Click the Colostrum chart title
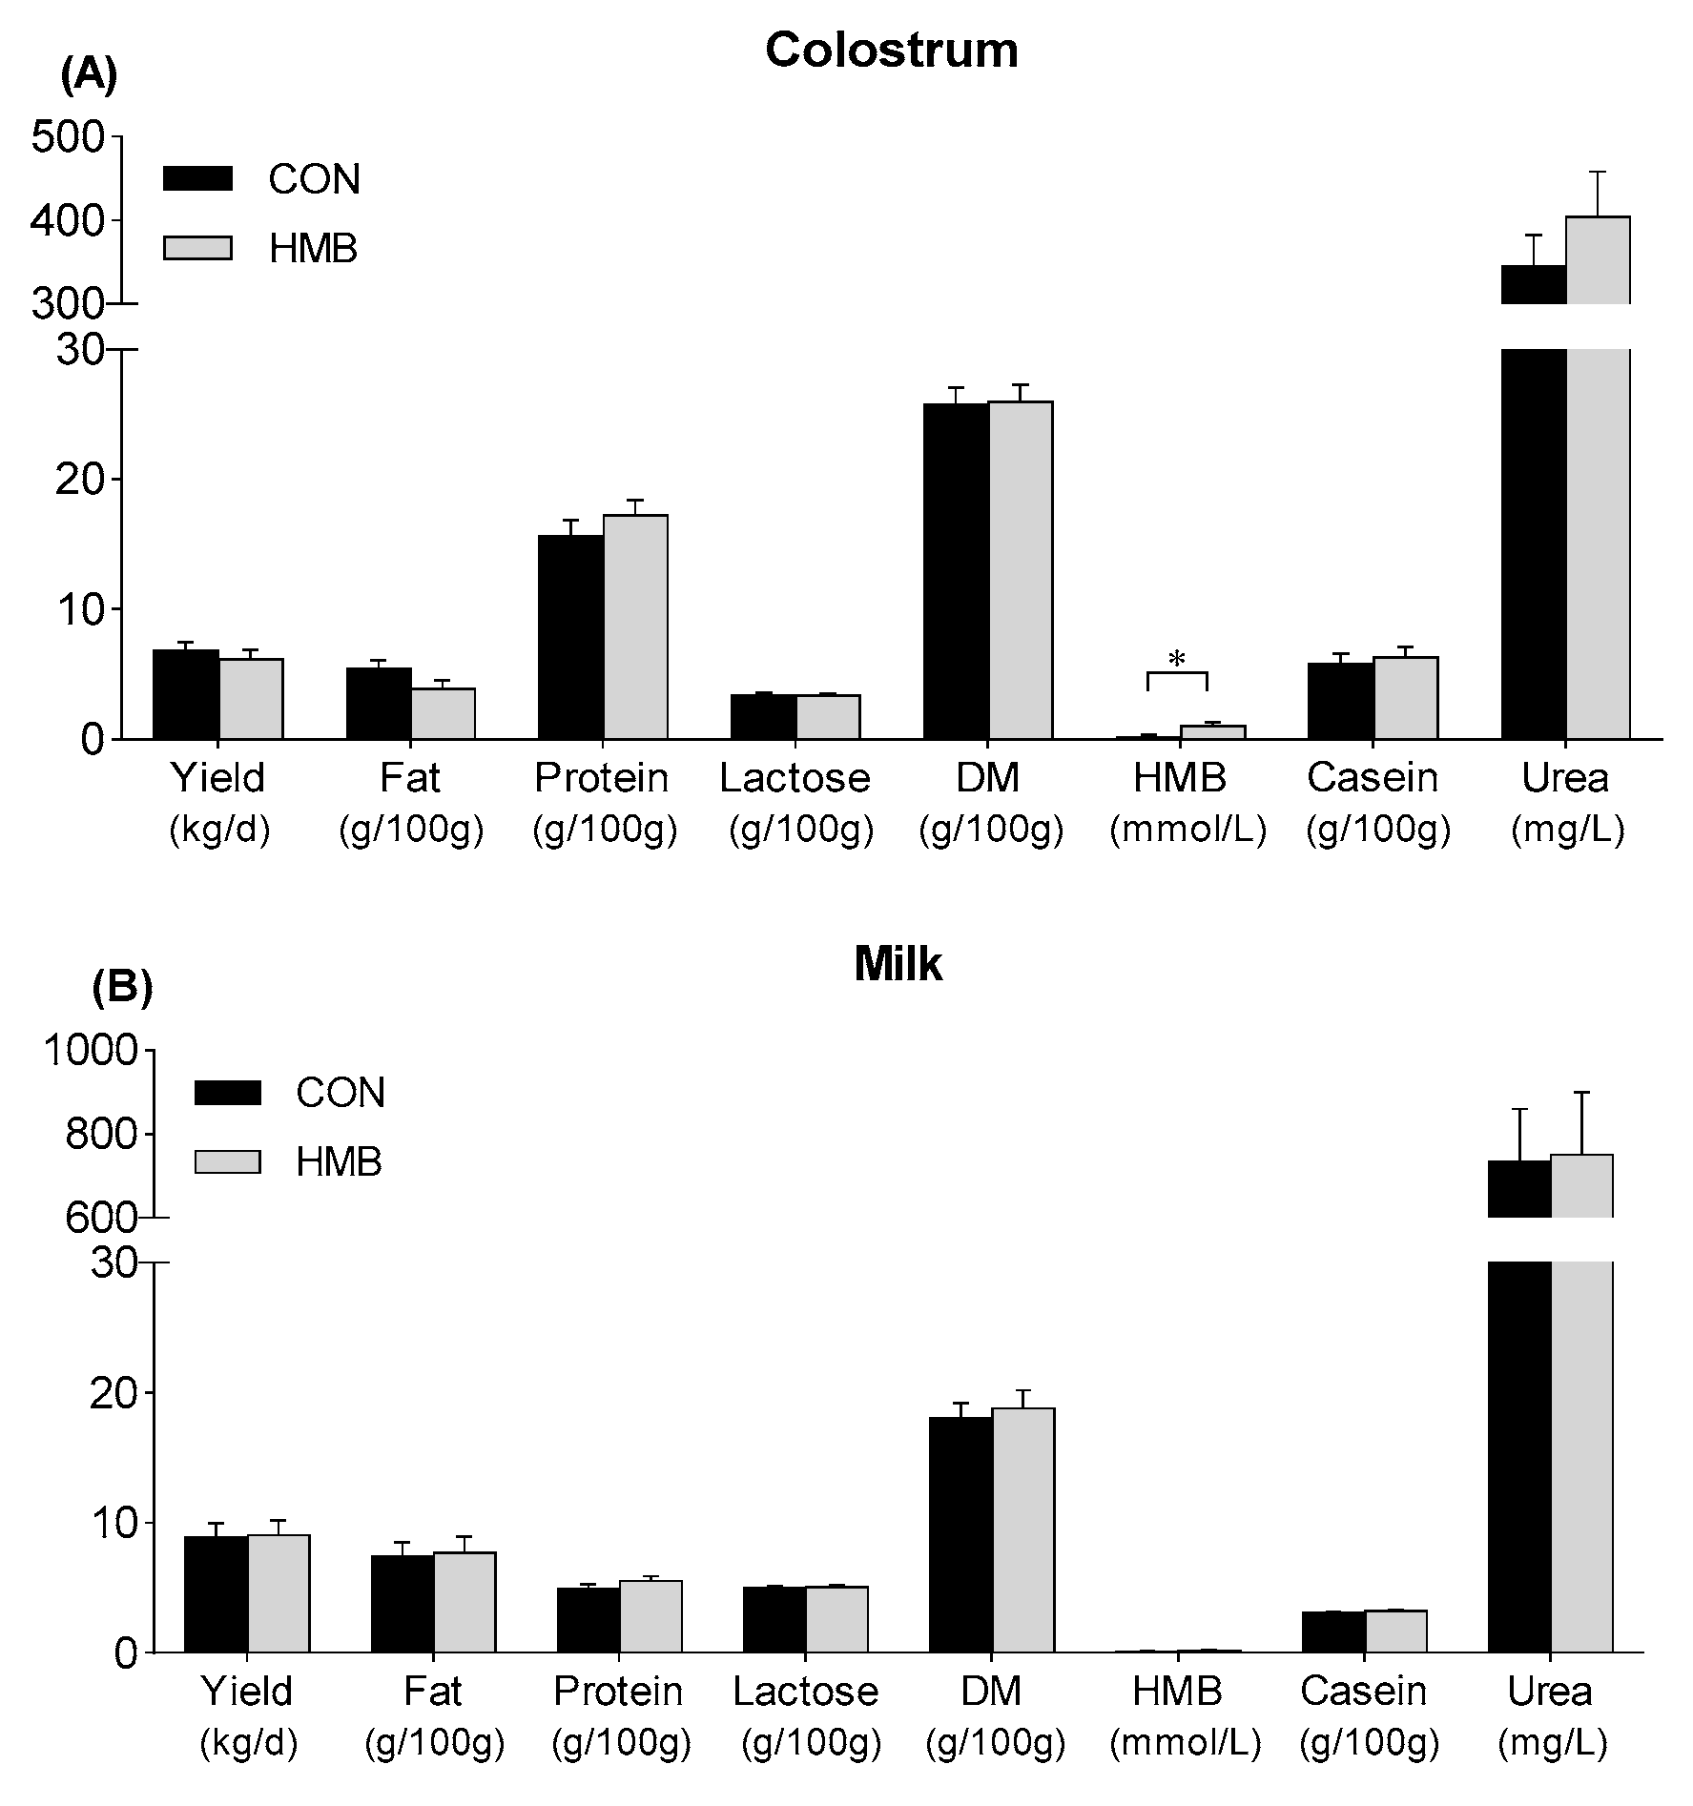891,50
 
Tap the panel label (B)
122,988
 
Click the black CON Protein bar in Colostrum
570,636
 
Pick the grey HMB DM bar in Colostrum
1021,569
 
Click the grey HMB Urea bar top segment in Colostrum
1598,259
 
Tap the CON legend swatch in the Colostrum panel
197,178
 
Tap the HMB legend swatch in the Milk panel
227,1161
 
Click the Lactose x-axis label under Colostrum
795,778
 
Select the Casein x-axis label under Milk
1363,1692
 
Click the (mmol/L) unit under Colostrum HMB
1187,831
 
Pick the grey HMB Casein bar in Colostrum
1405,697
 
